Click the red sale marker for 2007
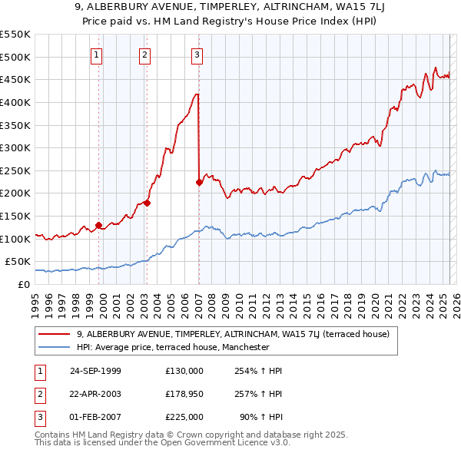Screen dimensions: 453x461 (199, 182)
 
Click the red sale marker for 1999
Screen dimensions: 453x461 (98, 225)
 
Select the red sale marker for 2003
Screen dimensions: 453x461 (147, 203)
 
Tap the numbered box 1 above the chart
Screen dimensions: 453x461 (97, 55)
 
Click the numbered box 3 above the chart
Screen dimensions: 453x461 (197, 55)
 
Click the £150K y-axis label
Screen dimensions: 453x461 (17, 216)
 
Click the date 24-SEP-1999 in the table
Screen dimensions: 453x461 (95, 371)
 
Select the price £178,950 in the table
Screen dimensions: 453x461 (184, 394)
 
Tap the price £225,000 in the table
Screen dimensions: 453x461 (184, 417)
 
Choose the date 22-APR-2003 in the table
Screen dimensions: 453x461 (95, 394)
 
